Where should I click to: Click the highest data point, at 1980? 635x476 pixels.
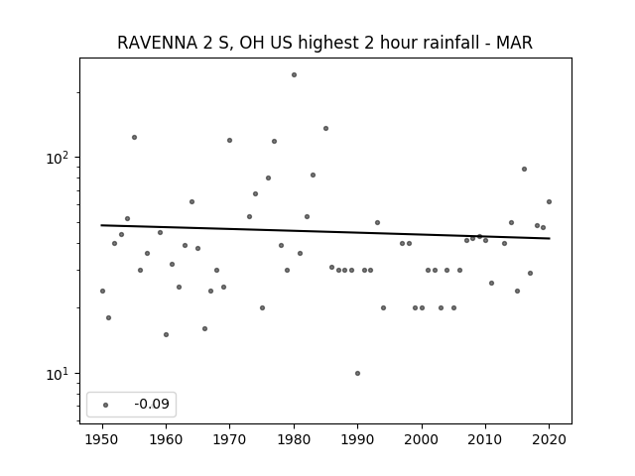(294, 75)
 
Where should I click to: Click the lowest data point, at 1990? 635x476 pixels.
(357, 373)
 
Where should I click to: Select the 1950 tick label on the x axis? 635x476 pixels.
(102, 439)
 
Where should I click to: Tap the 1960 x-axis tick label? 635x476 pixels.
(166, 439)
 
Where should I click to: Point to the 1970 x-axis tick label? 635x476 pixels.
(229, 439)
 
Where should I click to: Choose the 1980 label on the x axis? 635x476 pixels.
(294, 439)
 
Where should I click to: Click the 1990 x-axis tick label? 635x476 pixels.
(357, 439)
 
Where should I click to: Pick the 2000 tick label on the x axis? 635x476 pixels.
(422, 439)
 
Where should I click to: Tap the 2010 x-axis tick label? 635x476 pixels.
(485, 439)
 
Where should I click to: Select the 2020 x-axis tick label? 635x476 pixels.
(549, 439)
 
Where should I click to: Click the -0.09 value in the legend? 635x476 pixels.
(152, 404)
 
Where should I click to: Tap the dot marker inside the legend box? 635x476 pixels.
(106, 405)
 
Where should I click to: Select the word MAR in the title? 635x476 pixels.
(514, 43)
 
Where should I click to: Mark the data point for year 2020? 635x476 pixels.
(549, 201)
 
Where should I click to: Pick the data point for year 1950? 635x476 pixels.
(102, 291)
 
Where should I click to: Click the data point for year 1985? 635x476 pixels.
(325, 128)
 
